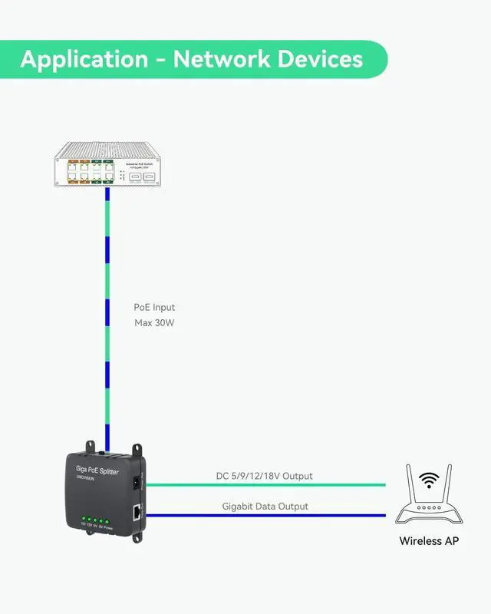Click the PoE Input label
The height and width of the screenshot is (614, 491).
click(x=154, y=307)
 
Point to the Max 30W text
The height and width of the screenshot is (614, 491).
click(x=154, y=323)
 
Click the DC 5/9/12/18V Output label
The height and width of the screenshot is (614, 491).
click(x=264, y=476)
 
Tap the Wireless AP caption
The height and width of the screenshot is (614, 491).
click(x=429, y=541)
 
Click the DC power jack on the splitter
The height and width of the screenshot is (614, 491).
click(x=137, y=483)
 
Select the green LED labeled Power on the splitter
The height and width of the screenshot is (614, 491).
click(x=107, y=521)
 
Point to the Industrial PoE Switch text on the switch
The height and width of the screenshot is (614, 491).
click(x=141, y=164)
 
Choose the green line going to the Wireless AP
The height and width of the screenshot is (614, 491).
click(x=269, y=484)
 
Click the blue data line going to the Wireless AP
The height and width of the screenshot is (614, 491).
click(x=269, y=516)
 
